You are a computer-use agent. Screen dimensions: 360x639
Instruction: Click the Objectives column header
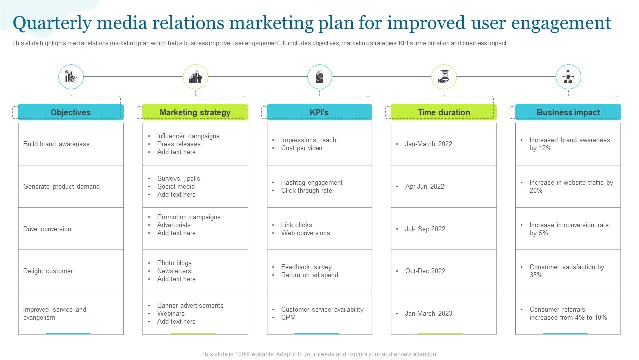point(70,112)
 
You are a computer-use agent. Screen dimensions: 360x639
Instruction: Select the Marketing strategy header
point(195,112)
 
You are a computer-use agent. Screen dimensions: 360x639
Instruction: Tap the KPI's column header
point(319,112)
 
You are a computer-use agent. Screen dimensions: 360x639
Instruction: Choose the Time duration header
point(444,112)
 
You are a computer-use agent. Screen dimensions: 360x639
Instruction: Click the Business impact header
point(568,112)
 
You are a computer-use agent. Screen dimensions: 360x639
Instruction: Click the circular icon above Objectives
point(71,77)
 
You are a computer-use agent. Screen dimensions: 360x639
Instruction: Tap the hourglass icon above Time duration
point(444,77)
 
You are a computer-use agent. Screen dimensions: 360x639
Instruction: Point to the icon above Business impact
point(568,77)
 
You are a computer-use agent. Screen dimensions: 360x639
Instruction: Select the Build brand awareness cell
point(56,144)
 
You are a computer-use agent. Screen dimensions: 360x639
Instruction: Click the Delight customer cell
point(48,271)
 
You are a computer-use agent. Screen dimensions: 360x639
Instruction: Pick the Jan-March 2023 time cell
point(428,313)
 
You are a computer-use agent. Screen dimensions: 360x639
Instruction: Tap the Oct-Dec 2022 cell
point(425,271)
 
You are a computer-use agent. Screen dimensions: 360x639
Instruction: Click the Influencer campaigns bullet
point(188,136)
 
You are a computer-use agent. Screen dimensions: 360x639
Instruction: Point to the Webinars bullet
point(171,313)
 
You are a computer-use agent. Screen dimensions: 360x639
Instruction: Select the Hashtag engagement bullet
point(312,182)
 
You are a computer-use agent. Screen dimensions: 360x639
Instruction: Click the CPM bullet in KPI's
point(288,317)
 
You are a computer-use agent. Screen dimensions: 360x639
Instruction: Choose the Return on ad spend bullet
point(310,275)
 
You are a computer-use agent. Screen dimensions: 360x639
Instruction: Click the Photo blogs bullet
point(174,263)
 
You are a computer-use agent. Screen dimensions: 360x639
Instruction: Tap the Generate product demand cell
point(61,186)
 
